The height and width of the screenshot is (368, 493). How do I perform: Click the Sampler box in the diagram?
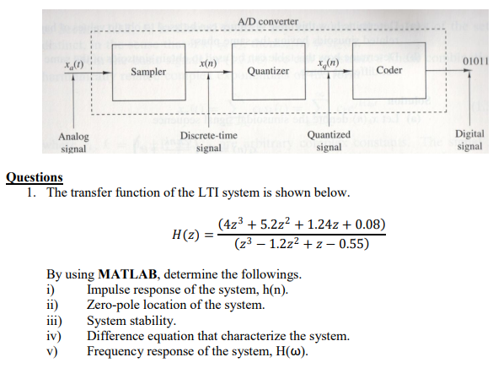148,72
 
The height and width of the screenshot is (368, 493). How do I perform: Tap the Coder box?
389,70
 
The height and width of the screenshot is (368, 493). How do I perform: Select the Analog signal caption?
73,141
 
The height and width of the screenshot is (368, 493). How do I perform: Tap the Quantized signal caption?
329,141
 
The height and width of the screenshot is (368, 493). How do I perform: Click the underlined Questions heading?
35,177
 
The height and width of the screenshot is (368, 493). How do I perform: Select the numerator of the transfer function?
301,224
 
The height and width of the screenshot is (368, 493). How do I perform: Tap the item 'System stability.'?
131,321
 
